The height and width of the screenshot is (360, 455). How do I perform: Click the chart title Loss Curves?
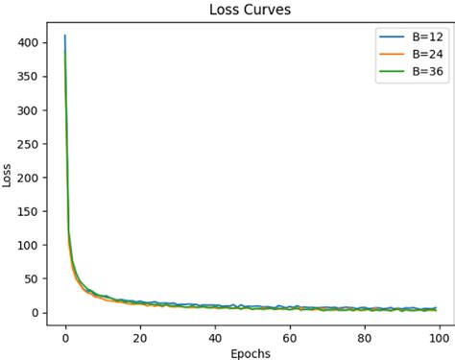(249, 11)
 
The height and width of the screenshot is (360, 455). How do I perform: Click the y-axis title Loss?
(9, 176)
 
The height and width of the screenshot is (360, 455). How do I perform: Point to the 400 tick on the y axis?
(28, 43)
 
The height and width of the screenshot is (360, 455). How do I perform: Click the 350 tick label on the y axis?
(28, 77)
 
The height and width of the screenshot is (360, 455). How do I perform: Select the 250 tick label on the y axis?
(28, 144)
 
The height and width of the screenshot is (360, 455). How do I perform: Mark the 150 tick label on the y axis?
(28, 211)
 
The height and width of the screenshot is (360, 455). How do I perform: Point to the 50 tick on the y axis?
(31, 279)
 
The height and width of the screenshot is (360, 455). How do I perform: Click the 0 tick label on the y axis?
(35, 313)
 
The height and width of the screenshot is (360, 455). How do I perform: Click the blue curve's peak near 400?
(65, 36)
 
